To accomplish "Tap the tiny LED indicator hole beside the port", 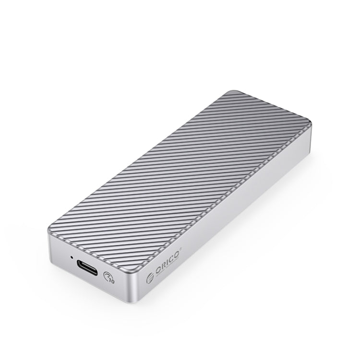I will (72, 258).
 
